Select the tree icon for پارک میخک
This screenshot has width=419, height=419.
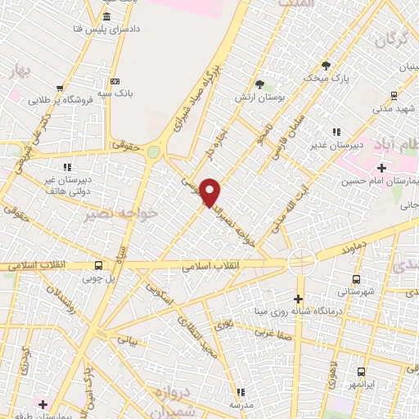click(x=326, y=65)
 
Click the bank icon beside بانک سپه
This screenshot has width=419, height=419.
click(x=114, y=81)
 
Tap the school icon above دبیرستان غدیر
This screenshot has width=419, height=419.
click(x=336, y=133)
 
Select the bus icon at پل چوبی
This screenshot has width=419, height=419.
click(x=99, y=265)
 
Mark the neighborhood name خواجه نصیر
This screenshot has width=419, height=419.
click(x=108, y=214)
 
